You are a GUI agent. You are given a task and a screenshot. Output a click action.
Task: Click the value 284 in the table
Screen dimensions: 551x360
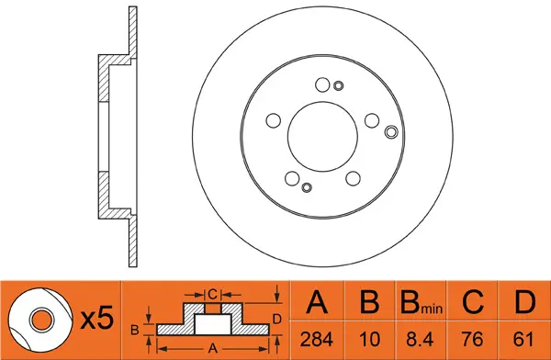point(316,339)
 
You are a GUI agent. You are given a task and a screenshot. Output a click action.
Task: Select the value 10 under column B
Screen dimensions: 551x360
point(370,339)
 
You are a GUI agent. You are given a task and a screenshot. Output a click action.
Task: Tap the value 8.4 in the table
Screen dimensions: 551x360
point(420,339)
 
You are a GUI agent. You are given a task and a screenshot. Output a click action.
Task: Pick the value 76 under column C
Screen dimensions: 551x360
point(472,339)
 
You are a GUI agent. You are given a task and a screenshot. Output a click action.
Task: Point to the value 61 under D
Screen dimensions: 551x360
point(523,339)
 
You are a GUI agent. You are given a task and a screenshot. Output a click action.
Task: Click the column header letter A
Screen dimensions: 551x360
point(317,302)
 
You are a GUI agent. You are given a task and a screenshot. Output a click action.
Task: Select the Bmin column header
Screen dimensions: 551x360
point(421,303)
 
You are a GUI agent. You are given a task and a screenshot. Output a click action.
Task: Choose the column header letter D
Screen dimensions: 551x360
point(524,302)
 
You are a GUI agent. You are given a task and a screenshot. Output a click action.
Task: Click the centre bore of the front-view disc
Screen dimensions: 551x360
point(322,137)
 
